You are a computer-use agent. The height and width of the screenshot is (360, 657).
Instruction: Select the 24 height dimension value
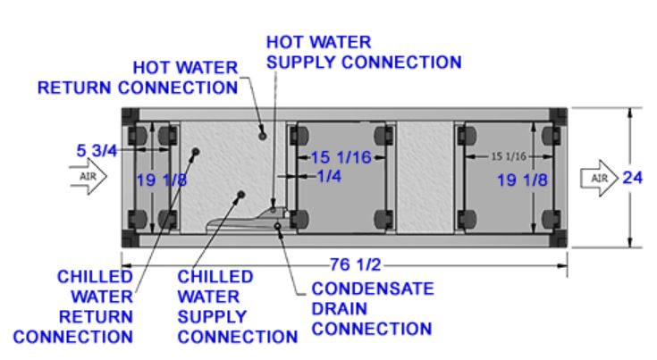[633, 177]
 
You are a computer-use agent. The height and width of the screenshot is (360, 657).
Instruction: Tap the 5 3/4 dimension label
[97, 151]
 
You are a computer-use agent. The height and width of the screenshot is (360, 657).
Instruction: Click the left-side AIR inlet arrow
[89, 177]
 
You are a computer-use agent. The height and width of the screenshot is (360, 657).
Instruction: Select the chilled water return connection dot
[193, 151]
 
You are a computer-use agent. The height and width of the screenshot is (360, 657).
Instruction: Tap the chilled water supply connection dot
[239, 194]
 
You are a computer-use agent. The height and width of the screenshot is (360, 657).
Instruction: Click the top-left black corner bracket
[131, 116]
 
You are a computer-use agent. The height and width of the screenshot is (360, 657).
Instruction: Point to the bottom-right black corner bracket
[559, 239]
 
